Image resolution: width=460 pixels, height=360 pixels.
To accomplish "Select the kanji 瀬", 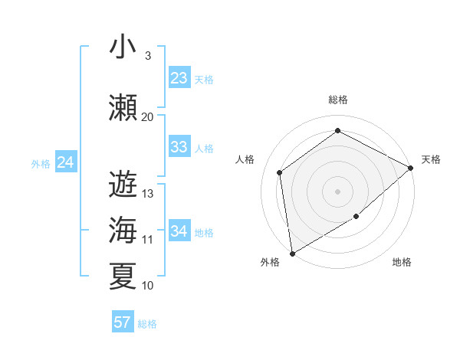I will (x=123, y=108).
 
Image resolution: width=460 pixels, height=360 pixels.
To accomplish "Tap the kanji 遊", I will (x=123, y=185).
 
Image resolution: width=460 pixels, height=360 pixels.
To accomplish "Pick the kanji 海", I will (x=123, y=231).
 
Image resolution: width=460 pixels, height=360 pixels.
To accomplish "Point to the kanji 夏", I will (x=123, y=277).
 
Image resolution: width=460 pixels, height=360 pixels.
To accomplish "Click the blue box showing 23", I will (x=179, y=78).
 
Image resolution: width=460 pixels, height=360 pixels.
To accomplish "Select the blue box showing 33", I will (x=179, y=147).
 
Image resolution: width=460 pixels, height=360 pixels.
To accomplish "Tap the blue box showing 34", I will (x=179, y=231).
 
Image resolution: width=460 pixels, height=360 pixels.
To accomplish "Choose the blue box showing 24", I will (x=66, y=162).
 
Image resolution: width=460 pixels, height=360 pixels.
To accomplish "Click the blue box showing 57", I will (x=123, y=322).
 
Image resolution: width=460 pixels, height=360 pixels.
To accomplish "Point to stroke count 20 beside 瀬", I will (x=148, y=117).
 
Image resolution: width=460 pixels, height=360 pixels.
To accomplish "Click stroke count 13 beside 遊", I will (x=148, y=194).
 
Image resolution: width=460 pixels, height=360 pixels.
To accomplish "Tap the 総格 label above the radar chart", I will (x=337, y=100).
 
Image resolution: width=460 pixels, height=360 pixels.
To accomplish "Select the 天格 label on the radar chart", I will (x=431, y=159).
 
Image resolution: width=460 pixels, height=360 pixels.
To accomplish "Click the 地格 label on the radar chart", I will (x=402, y=262).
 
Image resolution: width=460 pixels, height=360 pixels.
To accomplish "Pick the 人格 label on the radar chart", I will (x=245, y=159).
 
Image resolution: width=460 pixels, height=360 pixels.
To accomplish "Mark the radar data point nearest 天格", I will (x=411, y=168).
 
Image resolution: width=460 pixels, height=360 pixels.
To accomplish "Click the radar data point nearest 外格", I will (x=292, y=253).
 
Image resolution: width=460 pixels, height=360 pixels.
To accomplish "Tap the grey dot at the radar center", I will (x=337, y=191).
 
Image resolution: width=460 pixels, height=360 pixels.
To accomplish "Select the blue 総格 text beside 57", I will (x=147, y=324).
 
